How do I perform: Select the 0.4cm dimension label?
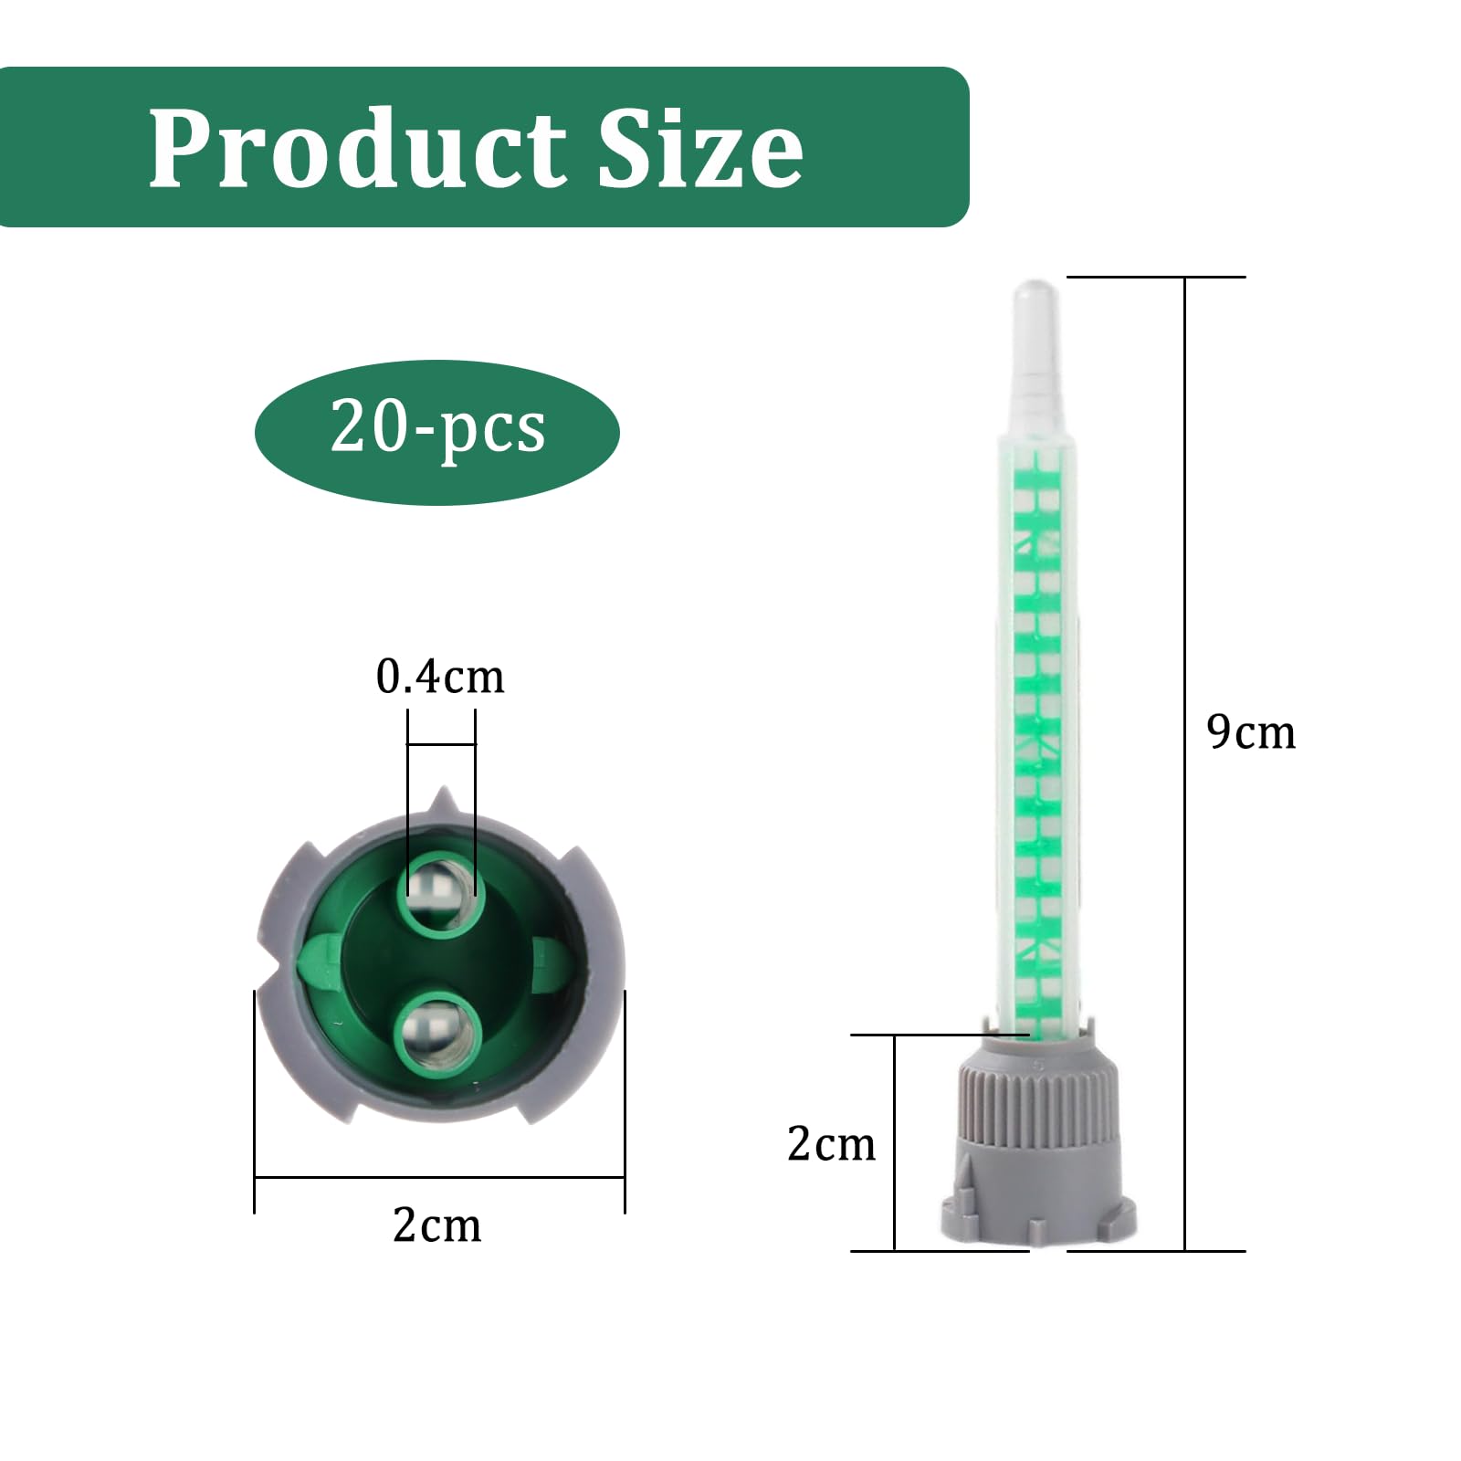point(439,677)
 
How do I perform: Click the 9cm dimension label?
point(1250,731)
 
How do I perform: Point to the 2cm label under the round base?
point(437,1225)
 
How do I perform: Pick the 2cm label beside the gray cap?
point(831,1143)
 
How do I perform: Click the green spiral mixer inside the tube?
point(1040,730)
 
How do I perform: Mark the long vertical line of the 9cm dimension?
point(1185,548)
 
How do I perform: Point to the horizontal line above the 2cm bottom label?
point(438,1177)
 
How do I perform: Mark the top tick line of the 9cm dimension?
point(1156,277)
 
